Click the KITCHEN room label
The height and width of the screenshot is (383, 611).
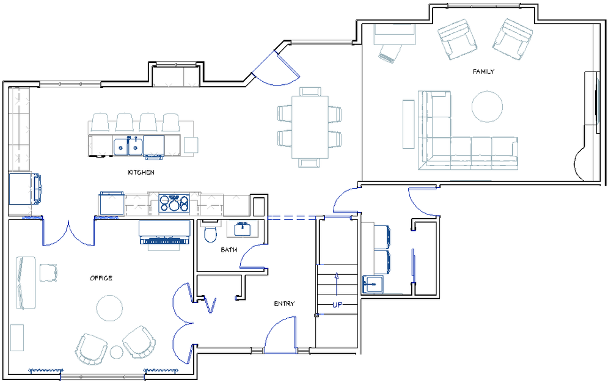coord(141,172)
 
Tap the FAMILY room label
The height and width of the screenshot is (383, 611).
coord(483,71)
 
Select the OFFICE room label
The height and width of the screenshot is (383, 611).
coord(101,278)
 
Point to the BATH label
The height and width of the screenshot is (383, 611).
coord(229,250)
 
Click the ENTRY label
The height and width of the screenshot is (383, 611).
coord(284,304)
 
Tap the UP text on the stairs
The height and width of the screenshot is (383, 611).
coord(337,305)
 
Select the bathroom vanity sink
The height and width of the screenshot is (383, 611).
coord(243,228)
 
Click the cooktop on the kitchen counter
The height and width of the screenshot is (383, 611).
coord(174,203)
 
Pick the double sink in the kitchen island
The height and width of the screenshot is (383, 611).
coord(128,145)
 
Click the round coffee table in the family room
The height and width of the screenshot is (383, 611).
coord(487,106)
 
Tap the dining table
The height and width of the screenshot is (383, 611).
coord(310,127)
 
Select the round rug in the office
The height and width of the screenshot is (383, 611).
coord(110,308)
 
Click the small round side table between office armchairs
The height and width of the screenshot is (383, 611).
coord(116,352)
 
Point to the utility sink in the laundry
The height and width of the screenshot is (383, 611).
coord(373,285)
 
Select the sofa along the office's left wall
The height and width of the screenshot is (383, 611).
coord(25,282)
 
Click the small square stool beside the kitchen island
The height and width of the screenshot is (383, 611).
coord(191,145)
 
